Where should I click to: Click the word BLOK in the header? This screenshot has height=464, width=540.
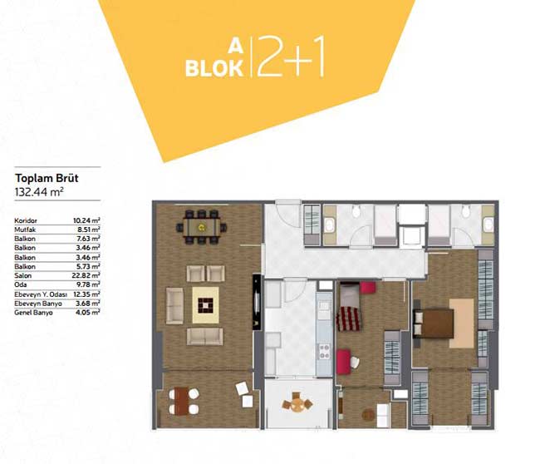214,68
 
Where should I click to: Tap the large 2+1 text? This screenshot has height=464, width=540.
291,57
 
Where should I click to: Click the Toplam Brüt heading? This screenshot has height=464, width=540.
47,178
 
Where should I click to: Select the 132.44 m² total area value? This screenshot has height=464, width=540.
39,191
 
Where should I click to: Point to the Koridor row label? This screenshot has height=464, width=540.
26,220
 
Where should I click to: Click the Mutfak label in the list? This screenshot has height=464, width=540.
25,230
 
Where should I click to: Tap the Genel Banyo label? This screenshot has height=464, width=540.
33,313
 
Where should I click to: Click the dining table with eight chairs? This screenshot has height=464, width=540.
202,227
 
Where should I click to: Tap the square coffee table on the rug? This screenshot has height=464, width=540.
205,305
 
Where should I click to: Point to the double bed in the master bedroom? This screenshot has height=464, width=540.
434,323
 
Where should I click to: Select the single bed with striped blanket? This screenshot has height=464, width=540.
349,307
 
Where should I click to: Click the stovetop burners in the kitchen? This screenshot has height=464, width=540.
324,351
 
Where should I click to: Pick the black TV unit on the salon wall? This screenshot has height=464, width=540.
257,303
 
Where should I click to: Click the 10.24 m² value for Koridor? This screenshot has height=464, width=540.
86,220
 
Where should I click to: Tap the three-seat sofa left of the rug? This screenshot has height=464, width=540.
175,306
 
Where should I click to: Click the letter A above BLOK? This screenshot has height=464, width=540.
236,47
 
